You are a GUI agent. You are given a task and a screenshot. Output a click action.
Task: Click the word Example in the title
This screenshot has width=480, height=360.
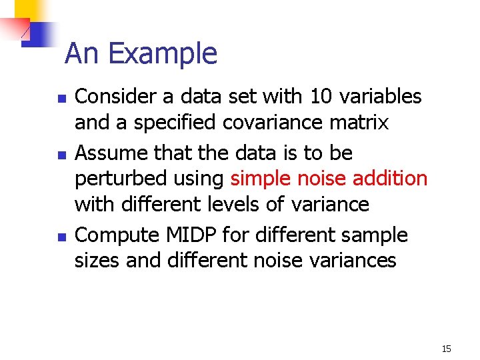coord(163,54)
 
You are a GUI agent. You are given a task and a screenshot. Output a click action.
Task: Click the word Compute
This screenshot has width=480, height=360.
coord(116,235)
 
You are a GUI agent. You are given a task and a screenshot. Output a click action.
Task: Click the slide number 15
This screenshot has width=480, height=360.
coord(446,349)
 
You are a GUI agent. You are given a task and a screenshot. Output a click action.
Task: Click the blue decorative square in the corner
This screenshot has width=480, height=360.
coord(39,33)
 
